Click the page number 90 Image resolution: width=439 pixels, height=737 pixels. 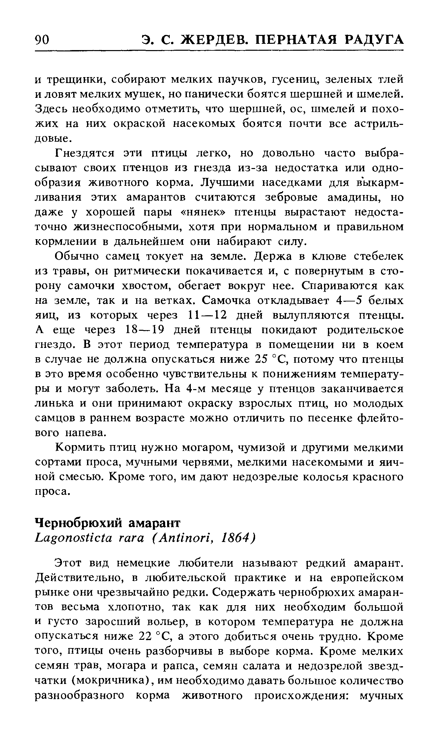(42, 40)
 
